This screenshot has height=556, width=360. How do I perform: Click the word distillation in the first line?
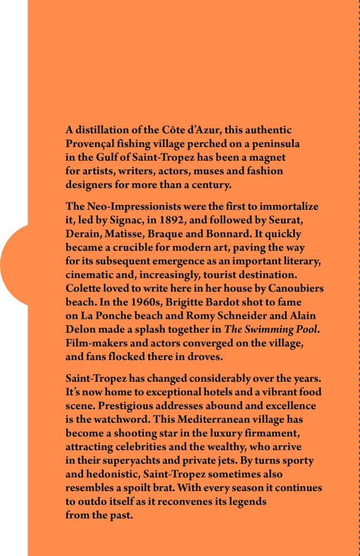pyautogui.click(x=100, y=130)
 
